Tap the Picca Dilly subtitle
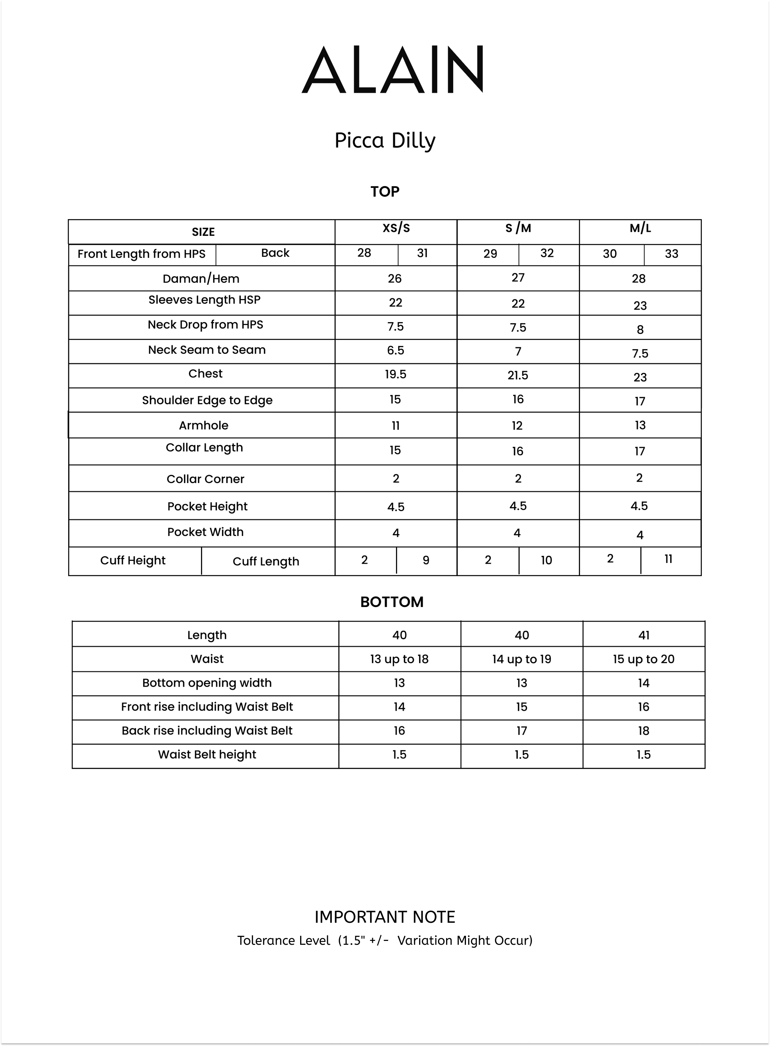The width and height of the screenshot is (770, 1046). point(385,141)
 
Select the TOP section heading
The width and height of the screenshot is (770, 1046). point(385,191)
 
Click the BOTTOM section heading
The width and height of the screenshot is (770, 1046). point(392,602)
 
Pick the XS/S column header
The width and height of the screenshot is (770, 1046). point(396,228)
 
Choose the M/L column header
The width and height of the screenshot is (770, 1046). point(640,228)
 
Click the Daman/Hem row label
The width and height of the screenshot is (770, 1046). point(201,279)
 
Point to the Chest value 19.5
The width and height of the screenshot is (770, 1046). point(396,374)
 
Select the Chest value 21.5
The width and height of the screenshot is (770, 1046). point(518,375)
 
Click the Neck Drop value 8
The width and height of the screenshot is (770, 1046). point(640,330)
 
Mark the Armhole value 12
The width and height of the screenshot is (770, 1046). point(517,426)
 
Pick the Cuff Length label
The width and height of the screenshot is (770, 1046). point(266,562)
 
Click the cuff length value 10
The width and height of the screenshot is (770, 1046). point(546,560)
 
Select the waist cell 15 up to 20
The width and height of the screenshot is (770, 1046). point(644,659)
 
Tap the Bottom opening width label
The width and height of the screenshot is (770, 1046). point(207,683)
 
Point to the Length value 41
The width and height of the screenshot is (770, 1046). point(644,635)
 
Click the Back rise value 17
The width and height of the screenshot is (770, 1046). point(522,731)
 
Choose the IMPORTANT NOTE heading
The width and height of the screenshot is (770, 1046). point(385,917)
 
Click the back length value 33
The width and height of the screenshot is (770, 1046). point(672,254)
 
